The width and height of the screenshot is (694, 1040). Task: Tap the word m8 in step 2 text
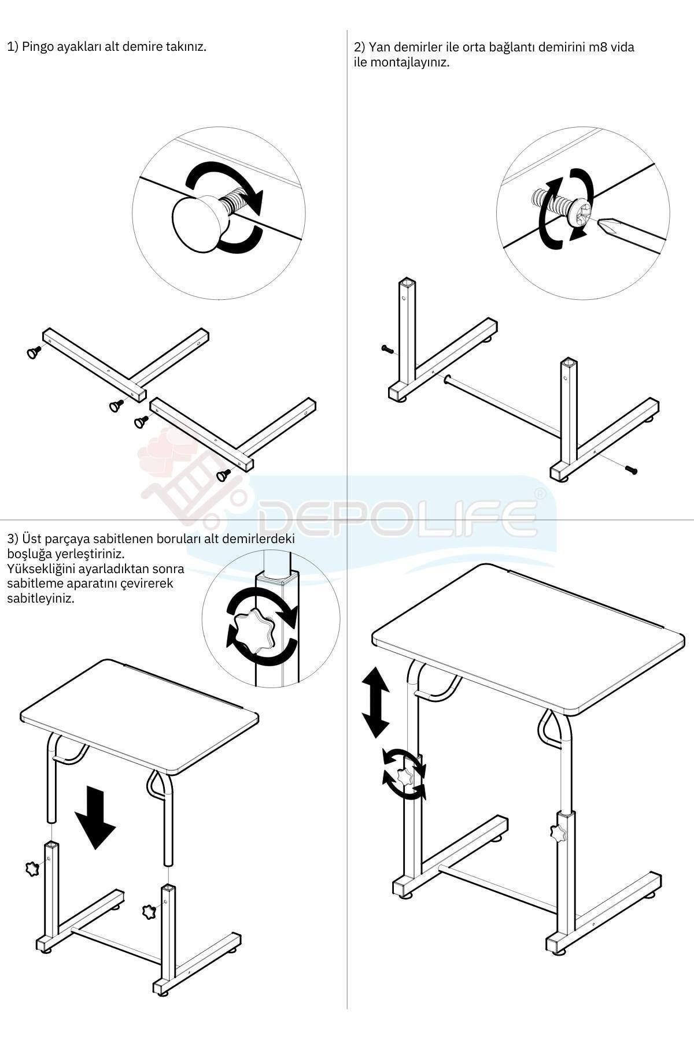click(596, 47)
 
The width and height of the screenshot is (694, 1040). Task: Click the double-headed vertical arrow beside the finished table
click(375, 701)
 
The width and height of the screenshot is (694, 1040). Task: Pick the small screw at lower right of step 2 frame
click(632, 471)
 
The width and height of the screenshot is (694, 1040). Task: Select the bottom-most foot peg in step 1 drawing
click(223, 475)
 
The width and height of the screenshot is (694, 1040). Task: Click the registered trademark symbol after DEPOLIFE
click(539, 493)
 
